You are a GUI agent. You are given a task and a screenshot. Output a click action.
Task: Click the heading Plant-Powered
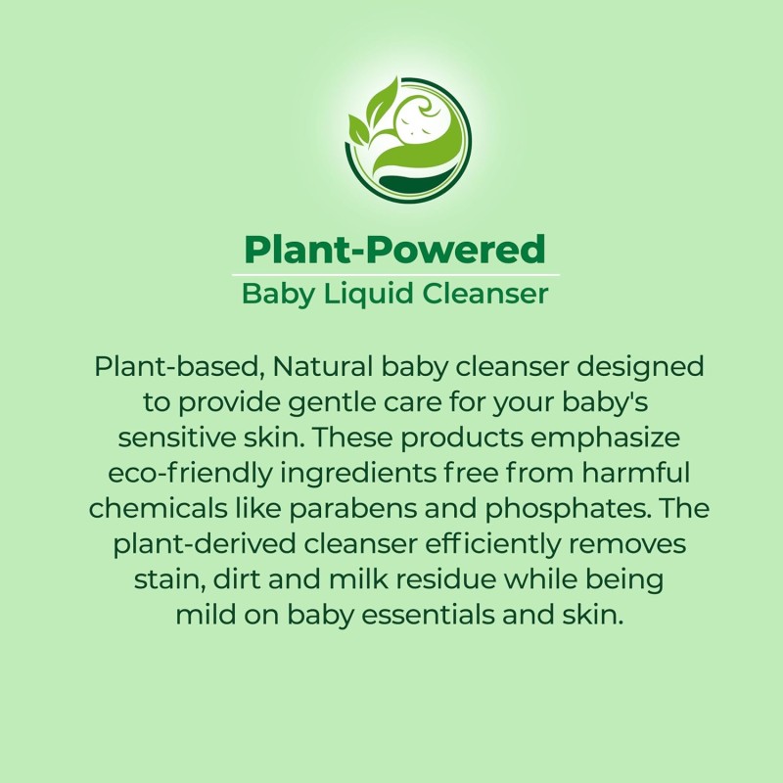point(394,250)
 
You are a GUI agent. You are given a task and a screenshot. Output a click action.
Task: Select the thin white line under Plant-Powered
point(394,274)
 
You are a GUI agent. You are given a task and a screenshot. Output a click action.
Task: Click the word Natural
point(322,367)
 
